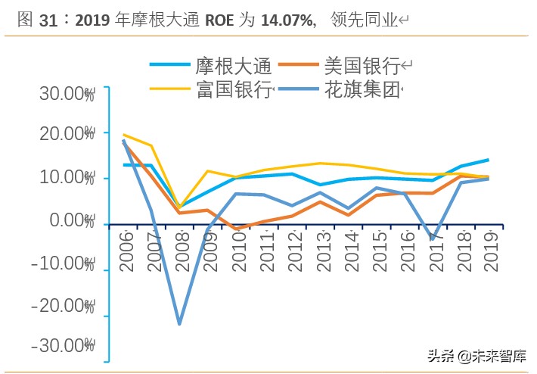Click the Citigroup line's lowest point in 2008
point(179,324)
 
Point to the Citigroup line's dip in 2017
point(432,239)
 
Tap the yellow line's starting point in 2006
point(123,135)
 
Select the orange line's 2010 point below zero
point(236,229)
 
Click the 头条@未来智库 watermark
point(477,356)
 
